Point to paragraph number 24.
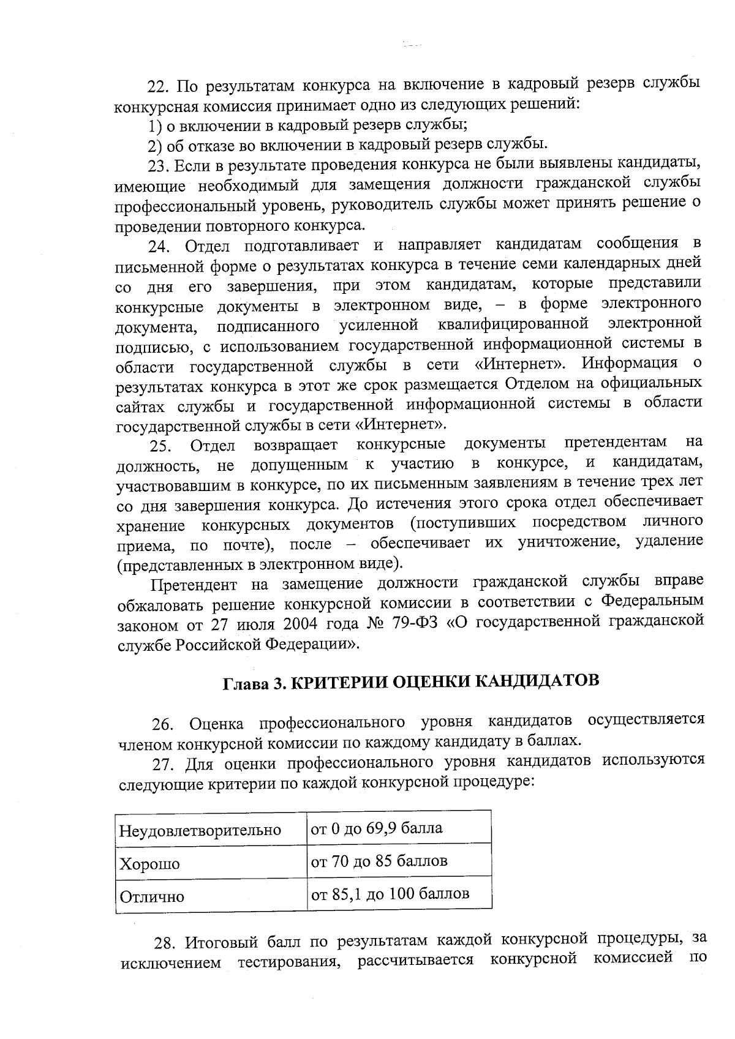[160, 246]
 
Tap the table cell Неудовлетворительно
[200, 831]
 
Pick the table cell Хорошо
[149, 864]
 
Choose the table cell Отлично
[152, 897]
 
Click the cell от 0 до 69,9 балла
[377, 829]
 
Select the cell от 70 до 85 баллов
[379, 861]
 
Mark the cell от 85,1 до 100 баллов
[390, 894]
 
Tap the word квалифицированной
[513, 324]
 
